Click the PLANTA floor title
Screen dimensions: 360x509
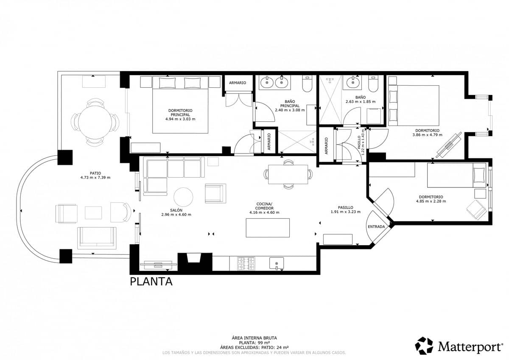151,282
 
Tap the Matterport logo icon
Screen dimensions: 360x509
424,346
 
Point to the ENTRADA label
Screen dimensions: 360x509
376,227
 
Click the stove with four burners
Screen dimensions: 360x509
246,263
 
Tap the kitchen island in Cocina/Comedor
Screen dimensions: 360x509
268,228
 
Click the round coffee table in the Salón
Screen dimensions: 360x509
183,197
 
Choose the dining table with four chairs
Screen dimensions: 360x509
288,174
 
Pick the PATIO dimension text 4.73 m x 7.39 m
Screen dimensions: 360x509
96,177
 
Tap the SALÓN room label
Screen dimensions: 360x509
176,210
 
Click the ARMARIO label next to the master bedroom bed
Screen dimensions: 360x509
237,83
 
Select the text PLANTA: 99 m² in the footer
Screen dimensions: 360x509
254,343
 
